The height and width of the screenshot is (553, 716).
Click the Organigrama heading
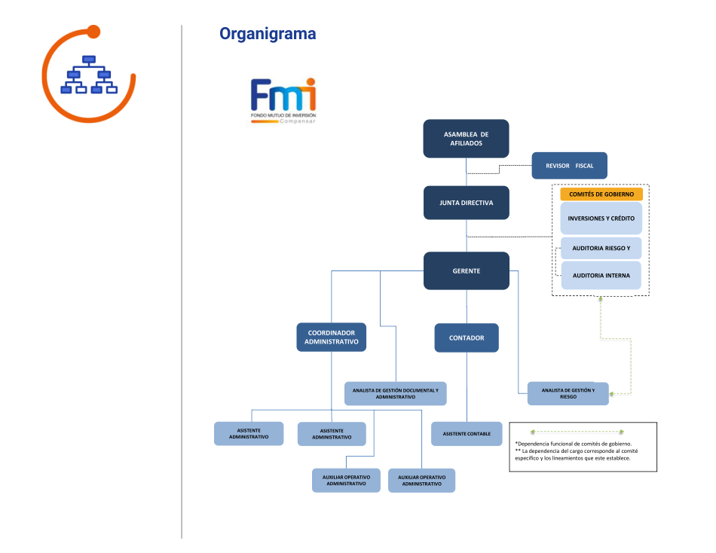[268, 34]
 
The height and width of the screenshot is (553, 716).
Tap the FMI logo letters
[283, 96]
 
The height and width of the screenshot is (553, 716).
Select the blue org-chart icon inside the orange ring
[89, 75]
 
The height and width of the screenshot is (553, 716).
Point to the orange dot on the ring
[93, 32]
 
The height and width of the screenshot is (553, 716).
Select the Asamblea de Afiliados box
[466, 139]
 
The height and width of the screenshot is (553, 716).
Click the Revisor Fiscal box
[569, 165]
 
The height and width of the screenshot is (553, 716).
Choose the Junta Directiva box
[466, 203]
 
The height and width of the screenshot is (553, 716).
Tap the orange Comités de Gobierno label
[601, 194]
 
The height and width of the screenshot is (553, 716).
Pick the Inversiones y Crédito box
[601, 218]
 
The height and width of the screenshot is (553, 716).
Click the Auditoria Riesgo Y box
[601, 248]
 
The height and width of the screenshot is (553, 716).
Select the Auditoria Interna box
[601, 275]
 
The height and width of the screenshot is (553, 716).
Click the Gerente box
[466, 270]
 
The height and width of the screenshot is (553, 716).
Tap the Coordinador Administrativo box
[331, 337]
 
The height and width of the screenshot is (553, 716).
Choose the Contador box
[467, 338]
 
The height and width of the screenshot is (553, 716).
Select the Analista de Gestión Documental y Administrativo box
[395, 393]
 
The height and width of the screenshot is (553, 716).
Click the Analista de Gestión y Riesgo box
[568, 393]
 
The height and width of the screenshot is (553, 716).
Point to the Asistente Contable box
[467, 433]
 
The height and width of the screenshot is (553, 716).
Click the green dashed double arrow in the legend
[578, 432]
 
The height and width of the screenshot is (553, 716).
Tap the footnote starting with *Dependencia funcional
[574, 444]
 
